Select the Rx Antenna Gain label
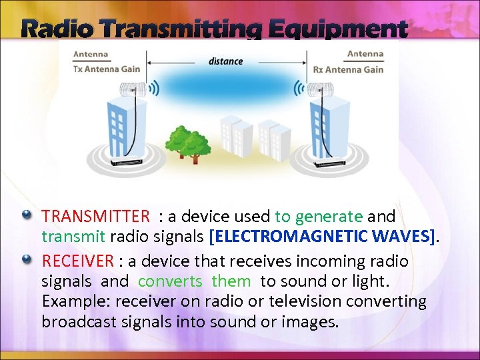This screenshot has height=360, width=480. pos(348,69)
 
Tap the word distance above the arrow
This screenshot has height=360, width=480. pos(225,61)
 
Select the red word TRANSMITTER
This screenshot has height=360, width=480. pos(96,217)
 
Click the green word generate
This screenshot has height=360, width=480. pos(328,217)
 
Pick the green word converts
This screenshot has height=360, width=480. pos(169,281)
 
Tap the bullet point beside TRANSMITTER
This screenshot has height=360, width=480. pos(27,215)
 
